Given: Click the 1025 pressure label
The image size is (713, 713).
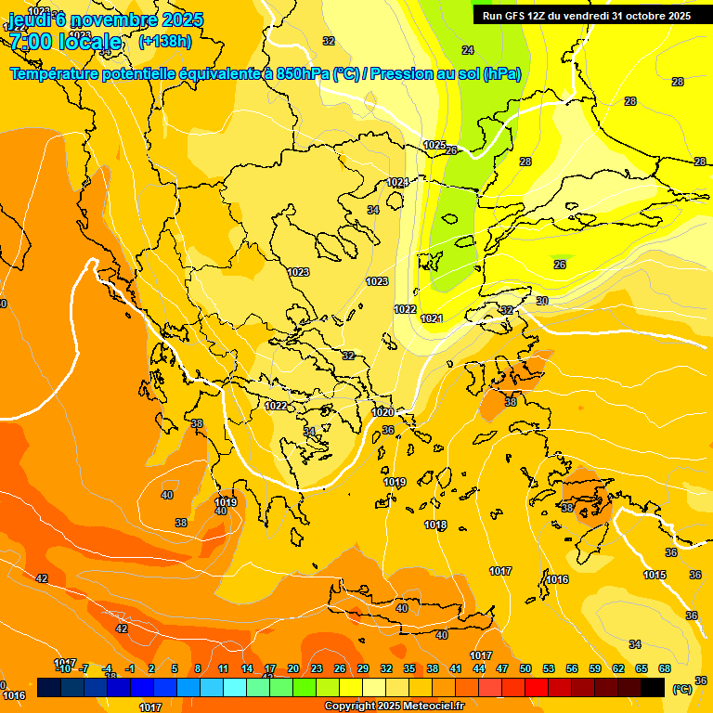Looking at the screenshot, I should pyautogui.click(x=434, y=145).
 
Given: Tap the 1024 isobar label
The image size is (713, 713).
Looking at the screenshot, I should pyautogui.click(x=397, y=182).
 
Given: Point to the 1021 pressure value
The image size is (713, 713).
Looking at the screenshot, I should pyautogui.click(x=432, y=318).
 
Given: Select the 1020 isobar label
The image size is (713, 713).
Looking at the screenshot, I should pyautogui.click(x=382, y=412).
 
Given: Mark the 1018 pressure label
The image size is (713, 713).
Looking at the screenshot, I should pyautogui.click(x=435, y=525).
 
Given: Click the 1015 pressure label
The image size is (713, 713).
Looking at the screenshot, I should pyautogui.click(x=655, y=575).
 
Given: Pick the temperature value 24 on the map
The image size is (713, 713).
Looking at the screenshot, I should pyautogui.click(x=467, y=50).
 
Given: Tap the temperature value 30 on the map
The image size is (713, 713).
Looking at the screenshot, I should pyautogui.click(x=541, y=301).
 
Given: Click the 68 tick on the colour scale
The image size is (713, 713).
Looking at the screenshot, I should pyautogui.click(x=665, y=668).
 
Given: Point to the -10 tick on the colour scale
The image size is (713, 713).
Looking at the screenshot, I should pyautogui.click(x=62, y=668).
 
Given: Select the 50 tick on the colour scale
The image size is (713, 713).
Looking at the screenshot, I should pyautogui.click(x=525, y=668).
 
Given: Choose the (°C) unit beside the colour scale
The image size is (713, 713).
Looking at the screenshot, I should pyautogui.click(x=681, y=688).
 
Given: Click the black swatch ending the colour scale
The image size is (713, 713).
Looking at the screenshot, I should pyautogui.click(x=653, y=687).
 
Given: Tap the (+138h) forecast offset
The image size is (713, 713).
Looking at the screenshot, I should pyautogui.click(x=164, y=41).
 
